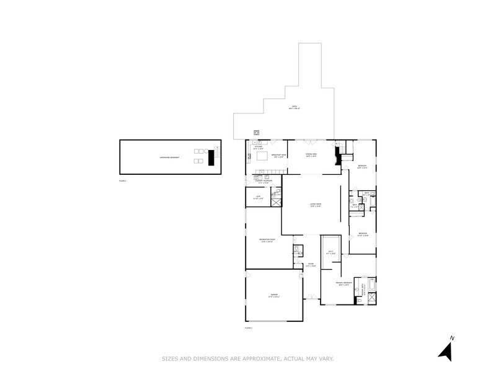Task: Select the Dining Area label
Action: (311, 155)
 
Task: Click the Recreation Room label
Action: (267, 241)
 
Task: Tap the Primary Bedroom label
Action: (345, 284)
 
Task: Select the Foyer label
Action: (311, 265)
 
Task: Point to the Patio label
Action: (294, 107)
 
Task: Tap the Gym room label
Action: (259, 198)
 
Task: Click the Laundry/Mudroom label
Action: (262, 182)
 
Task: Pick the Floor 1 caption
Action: (122, 180)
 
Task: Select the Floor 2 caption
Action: (249, 327)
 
